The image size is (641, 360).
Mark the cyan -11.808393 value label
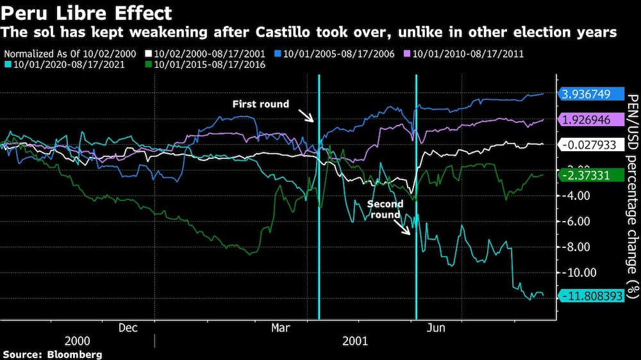click(590, 295)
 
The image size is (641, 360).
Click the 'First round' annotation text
click(261, 104)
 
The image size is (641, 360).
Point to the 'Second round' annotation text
click(385, 209)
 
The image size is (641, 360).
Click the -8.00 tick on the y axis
click(579, 247)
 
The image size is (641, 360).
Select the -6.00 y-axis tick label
click(579, 221)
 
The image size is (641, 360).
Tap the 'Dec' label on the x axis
click(128, 328)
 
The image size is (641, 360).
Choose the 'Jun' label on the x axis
click(436, 328)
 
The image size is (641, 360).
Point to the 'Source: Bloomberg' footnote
click(53, 354)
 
